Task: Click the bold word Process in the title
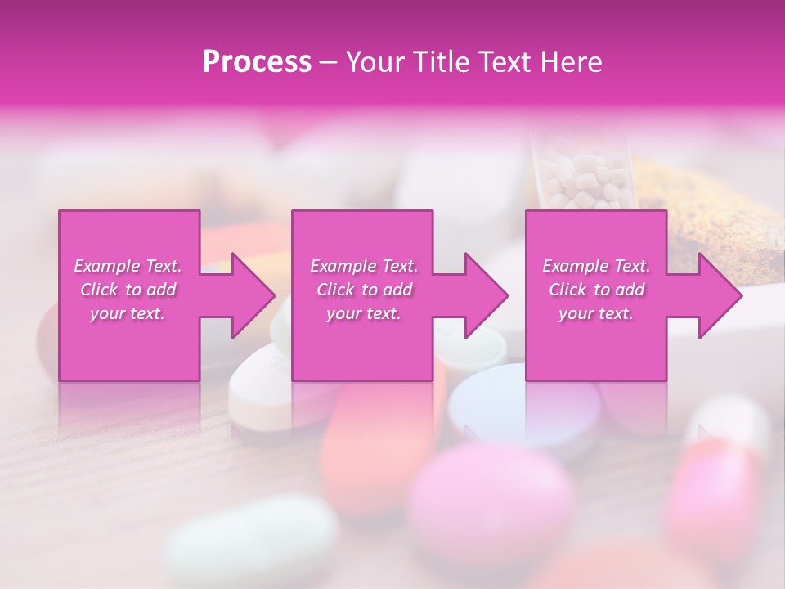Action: pos(257,61)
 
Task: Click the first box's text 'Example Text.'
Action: pos(128,266)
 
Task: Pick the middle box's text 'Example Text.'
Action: pos(364,266)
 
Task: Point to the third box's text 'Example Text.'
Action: pos(596,266)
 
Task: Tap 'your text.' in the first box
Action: pos(128,313)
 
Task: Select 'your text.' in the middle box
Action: pos(364,313)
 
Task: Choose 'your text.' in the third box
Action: pos(596,313)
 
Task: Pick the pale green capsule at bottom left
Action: pos(253,536)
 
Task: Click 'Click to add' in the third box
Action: pos(596,290)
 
